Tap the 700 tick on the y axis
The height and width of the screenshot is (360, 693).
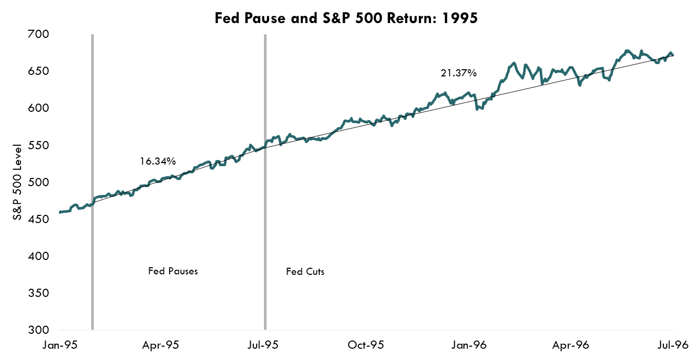[38, 34]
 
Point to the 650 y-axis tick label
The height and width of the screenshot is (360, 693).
[38, 71]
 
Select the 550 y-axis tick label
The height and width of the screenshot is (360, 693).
[38, 146]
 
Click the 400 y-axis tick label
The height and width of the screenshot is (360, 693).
[38, 256]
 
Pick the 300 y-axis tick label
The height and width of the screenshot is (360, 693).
[38, 330]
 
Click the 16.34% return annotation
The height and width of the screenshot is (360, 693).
[158, 162]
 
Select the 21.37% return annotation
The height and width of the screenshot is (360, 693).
[459, 73]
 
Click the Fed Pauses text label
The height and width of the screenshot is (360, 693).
[173, 271]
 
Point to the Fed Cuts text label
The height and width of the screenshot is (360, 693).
[305, 272]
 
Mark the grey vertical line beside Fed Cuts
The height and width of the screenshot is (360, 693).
[265, 205]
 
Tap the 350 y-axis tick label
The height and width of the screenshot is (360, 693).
[38, 293]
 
